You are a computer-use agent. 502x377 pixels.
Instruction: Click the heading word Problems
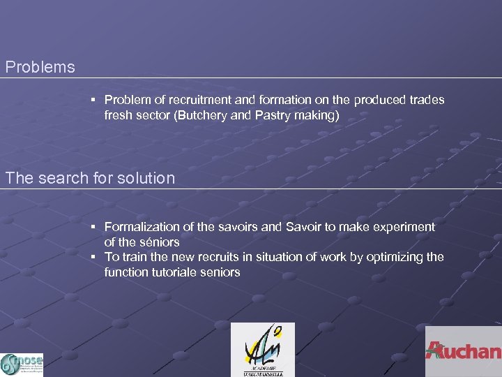40,68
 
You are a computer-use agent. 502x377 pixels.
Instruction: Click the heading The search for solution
90,178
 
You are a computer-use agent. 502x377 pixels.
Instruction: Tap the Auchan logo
464,350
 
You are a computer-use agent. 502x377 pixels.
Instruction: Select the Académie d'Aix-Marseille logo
263,349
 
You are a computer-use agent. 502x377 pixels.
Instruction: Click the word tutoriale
175,272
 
